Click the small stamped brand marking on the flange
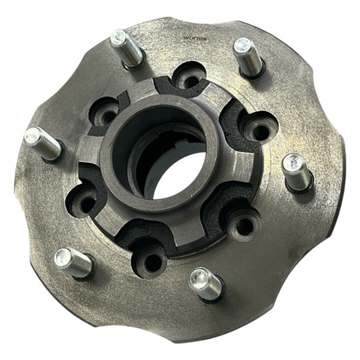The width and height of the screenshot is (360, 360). point(195,38)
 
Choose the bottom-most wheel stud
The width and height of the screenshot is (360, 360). point(205,284)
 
